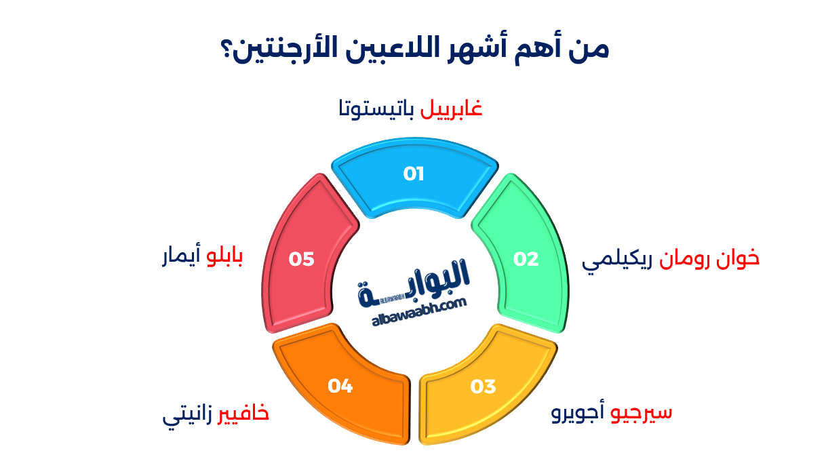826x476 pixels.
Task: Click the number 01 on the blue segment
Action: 414,174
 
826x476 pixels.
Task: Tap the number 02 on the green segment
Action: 526,259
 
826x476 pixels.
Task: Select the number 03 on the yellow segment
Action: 484,386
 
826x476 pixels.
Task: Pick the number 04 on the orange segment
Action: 340,386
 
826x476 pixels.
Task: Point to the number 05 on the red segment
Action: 302,259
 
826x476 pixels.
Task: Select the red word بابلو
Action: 224,258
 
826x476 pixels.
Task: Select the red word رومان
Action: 686,258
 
